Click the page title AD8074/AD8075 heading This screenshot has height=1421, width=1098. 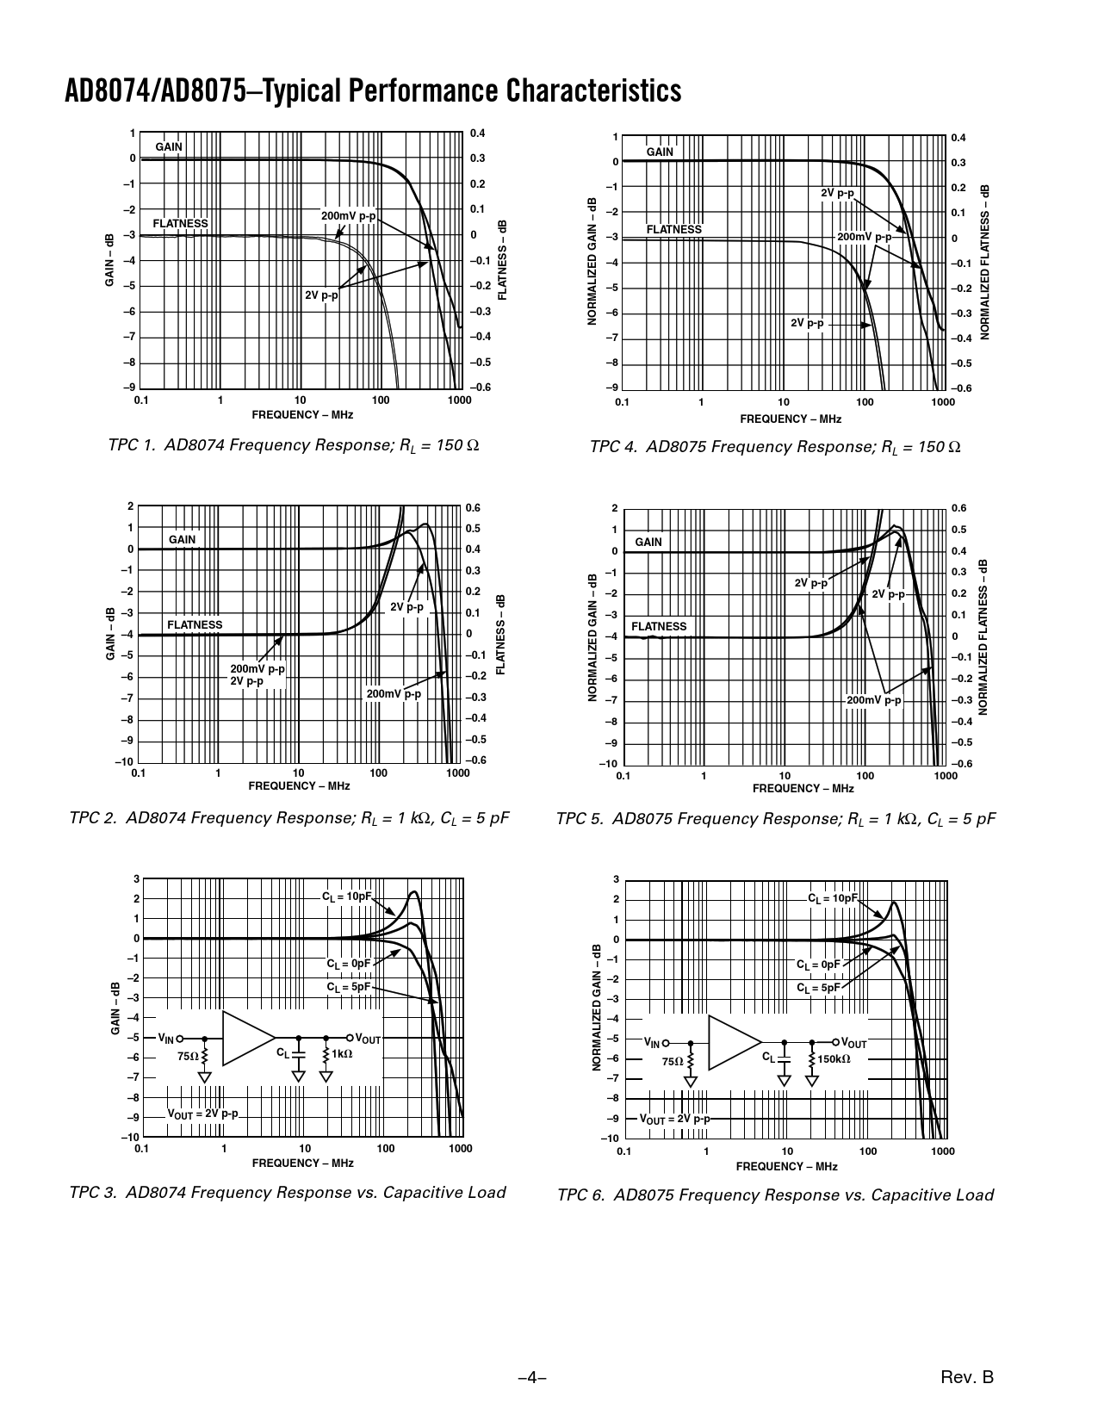tap(373, 91)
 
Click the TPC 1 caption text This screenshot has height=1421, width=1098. tap(294, 445)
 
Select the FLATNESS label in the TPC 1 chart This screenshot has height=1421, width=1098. tap(180, 223)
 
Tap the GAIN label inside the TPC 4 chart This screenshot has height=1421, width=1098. tap(660, 152)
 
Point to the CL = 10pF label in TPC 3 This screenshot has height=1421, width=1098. tap(347, 897)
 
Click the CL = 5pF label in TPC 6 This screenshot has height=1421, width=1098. tap(817, 988)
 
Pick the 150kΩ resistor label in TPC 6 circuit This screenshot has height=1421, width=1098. tap(834, 1058)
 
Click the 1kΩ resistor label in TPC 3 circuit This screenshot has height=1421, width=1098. tap(342, 1053)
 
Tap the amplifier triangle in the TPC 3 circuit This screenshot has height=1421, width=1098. tap(247, 1038)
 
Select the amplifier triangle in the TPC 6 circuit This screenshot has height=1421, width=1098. tap(734, 1042)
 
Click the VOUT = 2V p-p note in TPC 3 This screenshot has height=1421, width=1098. tap(202, 1114)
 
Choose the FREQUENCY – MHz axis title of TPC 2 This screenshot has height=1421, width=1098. tap(299, 785)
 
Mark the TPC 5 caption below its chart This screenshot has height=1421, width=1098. tap(776, 818)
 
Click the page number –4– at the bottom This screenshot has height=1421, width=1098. tap(532, 1378)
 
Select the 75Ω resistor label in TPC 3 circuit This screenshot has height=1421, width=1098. tap(187, 1056)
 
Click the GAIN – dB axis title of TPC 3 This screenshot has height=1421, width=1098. tap(115, 1008)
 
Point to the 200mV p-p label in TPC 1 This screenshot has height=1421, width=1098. tap(348, 215)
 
